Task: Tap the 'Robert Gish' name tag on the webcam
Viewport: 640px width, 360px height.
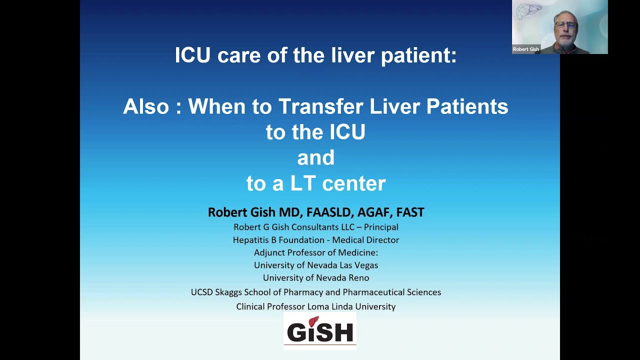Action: click(x=525, y=49)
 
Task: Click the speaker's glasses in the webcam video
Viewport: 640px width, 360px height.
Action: click(x=565, y=24)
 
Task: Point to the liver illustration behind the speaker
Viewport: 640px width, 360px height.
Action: click(x=529, y=11)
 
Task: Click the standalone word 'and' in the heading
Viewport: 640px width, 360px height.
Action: click(x=315, y=158)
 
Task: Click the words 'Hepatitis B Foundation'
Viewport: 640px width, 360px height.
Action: click(x=277, y=240)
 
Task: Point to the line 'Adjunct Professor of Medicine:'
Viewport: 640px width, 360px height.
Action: click(x=315, y=252)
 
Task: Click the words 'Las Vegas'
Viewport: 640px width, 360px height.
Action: click(x=359, y=265)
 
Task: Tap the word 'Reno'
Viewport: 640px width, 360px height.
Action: click(x=358, y=277)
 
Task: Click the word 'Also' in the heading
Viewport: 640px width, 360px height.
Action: click(x=146, y=106)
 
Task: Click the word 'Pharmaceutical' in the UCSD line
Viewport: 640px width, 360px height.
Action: click(x=371, y=292)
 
